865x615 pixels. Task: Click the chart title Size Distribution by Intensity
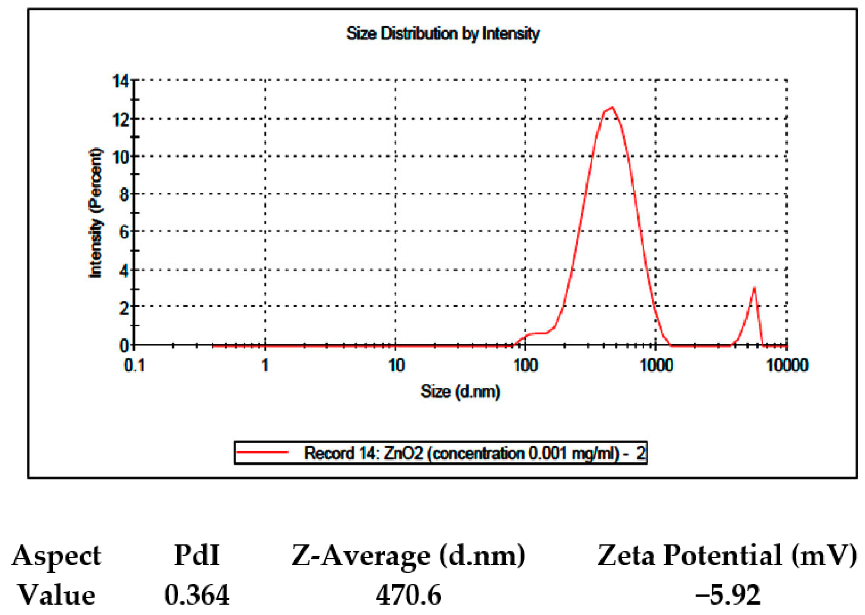click(x=442, y=34)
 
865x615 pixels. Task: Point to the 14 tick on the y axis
click(x=120, y=81)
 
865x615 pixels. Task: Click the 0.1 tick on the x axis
click(x=134, y=365)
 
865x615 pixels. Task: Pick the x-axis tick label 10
click(x=396, y=365)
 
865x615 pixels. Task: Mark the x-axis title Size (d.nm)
click(x=460, y=391)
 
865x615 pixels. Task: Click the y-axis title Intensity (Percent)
click(x=95, y=213)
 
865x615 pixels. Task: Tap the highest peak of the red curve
click(x=612, y=107)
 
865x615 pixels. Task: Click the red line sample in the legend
click(x=262, y=452)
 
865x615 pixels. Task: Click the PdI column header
click(x=197, y=555)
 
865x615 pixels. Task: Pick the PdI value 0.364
click(x=197, y=594)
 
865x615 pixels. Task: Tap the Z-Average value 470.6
click(x=408, y=594)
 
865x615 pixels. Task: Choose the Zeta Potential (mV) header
click(x=727, y=555)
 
